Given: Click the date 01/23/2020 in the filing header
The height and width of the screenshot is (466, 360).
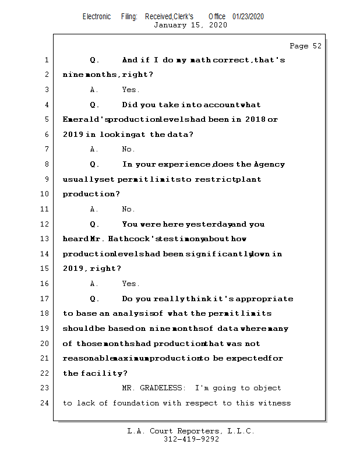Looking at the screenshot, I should [248, 17].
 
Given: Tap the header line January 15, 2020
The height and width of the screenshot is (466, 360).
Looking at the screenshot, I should [190, 25].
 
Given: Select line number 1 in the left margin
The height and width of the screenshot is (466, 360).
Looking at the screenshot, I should [47, 60].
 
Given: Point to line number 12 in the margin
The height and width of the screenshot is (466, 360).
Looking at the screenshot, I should [45, 224].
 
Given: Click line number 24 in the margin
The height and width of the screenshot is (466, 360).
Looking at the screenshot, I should [45, 403].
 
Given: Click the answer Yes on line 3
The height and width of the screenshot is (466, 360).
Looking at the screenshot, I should [130, 90].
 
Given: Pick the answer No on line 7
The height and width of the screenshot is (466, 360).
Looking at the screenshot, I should [128, 150].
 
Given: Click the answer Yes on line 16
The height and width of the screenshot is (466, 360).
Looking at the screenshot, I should [130, 284].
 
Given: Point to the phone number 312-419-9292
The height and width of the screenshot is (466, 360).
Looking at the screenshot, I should [191, 439].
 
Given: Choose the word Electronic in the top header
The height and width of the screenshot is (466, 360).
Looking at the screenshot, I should [97, 17].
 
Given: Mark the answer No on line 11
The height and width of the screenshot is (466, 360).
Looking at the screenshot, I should [128, 209].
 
